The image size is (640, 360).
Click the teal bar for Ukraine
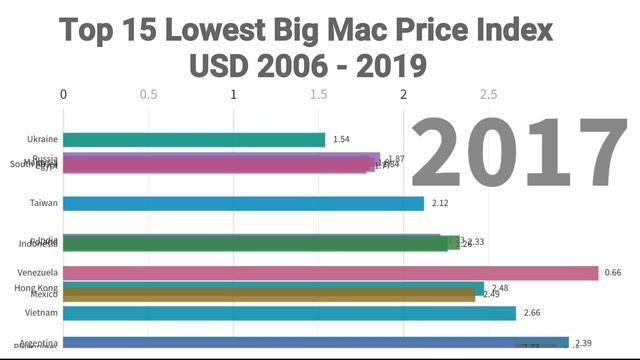[x=195, y=140]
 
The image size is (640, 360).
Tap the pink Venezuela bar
[x=330, y=273]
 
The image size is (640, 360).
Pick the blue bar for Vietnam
[x=290, y=313]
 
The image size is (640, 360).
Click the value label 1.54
[x=341, y=140]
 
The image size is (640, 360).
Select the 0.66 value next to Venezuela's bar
[x=613, y=273]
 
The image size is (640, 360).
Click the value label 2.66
[x=532, y=313]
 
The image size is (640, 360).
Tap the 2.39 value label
[x=584, y=343]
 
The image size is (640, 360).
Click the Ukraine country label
[x=43, y=140]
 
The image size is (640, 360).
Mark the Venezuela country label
[x=38, y=273]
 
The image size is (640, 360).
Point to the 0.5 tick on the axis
[x=149, y=95]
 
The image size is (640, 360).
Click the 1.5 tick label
[x=319, y=95]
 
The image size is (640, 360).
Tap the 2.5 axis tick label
[x=489, y=95]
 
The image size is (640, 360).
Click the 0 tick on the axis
[x=64, y=95]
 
